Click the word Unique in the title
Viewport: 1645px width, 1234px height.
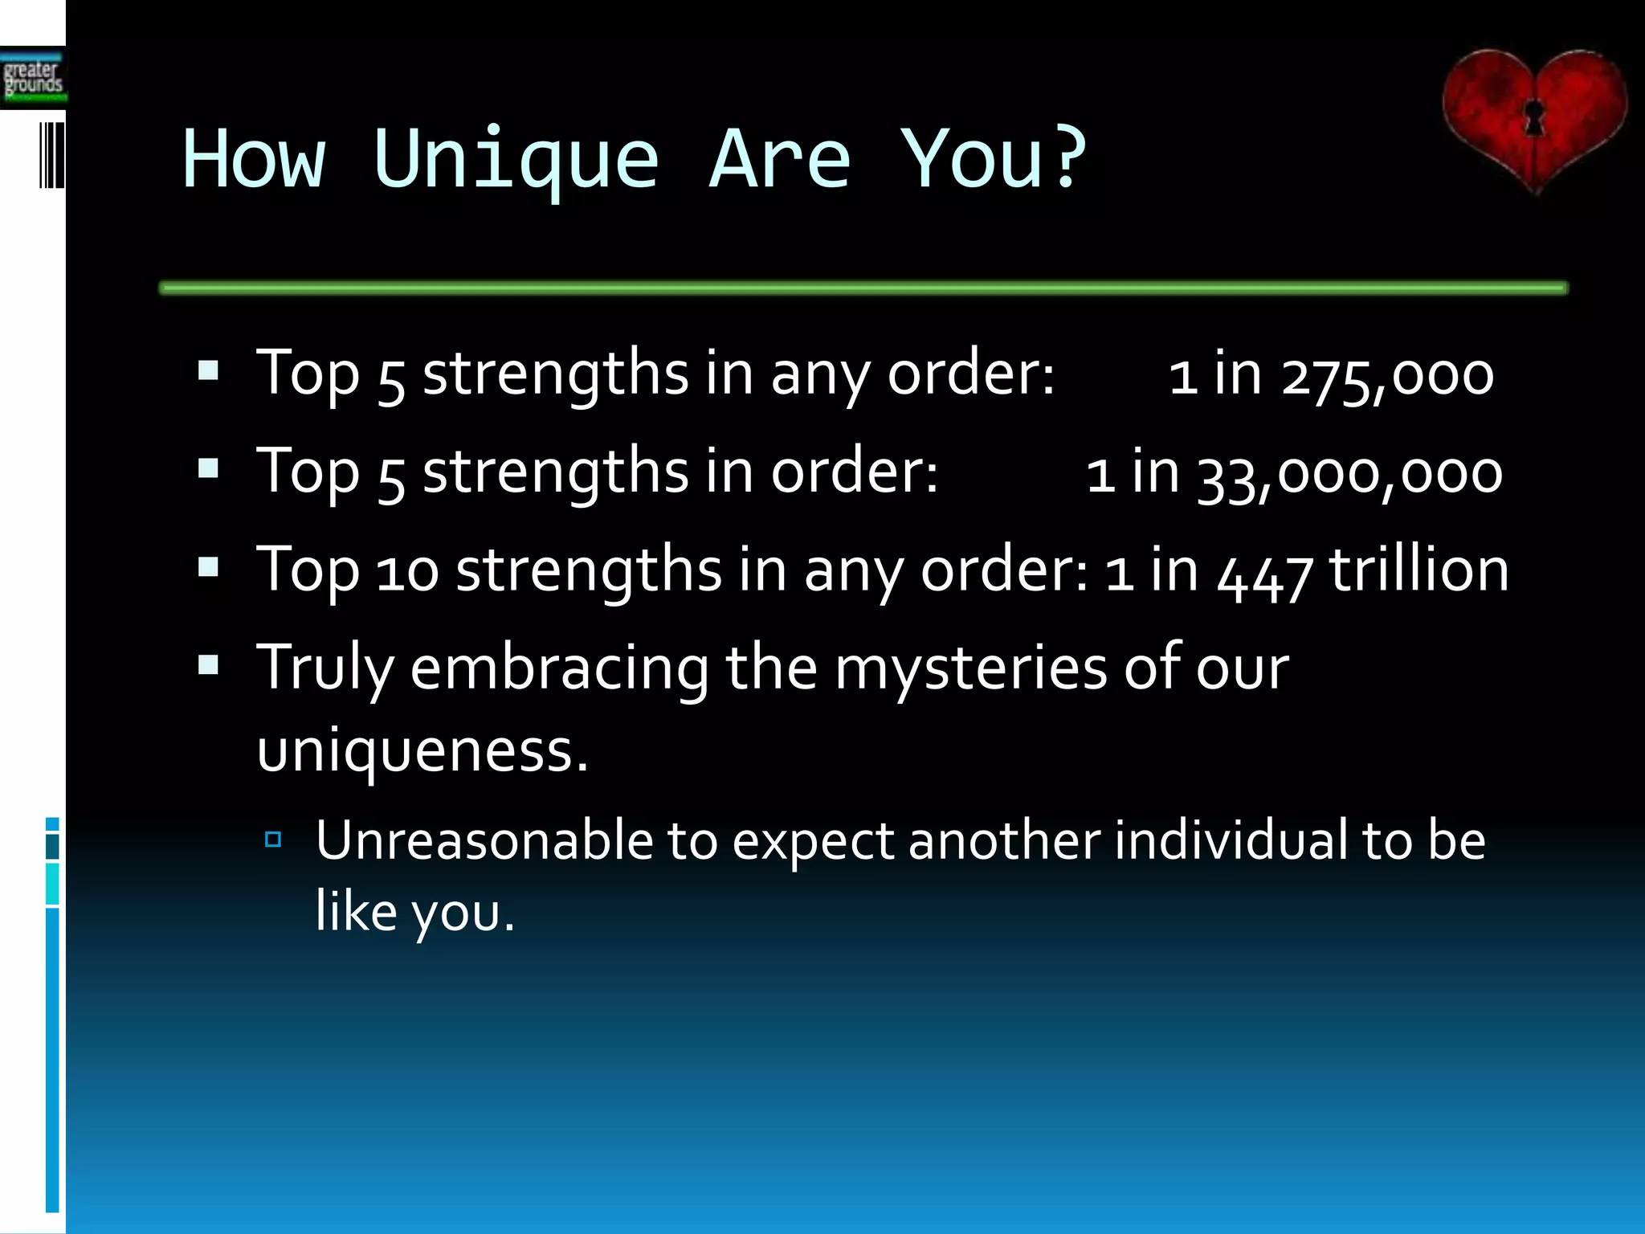click(x=516, y=161)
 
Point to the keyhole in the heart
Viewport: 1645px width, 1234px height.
click(x=1534, y=117)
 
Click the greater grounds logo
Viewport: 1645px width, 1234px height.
click(x=33, y=79)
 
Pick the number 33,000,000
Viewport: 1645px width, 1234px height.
click(x=1349, y=474)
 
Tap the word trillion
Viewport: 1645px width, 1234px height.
click(x=1418, y=569)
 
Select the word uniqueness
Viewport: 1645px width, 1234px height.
click(x=422, y=752)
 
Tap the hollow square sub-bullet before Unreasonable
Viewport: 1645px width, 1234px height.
click(x=273, y=840)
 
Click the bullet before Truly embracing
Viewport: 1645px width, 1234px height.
click(x=208, y=665)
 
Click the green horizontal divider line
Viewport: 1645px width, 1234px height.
click(x=863, y=288)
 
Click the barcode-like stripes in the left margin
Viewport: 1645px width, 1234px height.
click(x=51, y=154)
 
